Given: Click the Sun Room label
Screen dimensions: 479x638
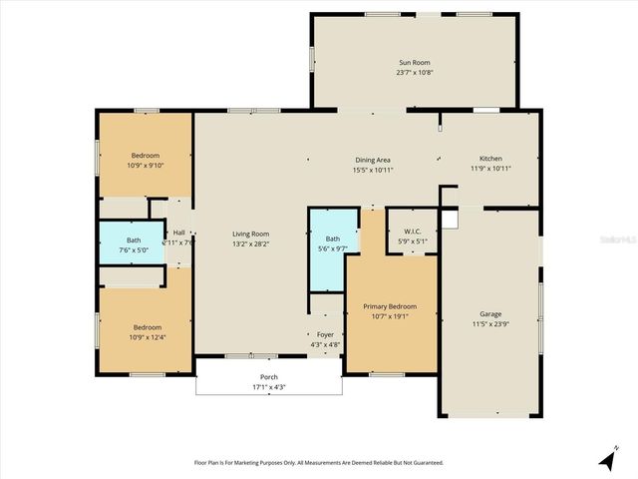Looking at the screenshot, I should click(415, 62).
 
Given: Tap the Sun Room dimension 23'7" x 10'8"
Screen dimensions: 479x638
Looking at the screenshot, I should click(415, 72).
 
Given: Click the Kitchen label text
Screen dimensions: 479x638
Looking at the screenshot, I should click(490, 159).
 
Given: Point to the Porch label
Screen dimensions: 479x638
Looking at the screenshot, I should click(269, 377).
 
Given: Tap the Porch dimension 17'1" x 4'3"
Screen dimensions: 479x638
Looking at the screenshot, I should click(269, 387).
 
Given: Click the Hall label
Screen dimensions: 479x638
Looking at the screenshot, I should click(178, 233).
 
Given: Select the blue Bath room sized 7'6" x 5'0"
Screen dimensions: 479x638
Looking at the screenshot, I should click(132, 245).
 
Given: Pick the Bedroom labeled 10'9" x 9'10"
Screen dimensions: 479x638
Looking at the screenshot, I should click(145, 160).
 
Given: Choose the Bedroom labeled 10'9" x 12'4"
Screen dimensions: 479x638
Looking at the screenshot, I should click(145, 331).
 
